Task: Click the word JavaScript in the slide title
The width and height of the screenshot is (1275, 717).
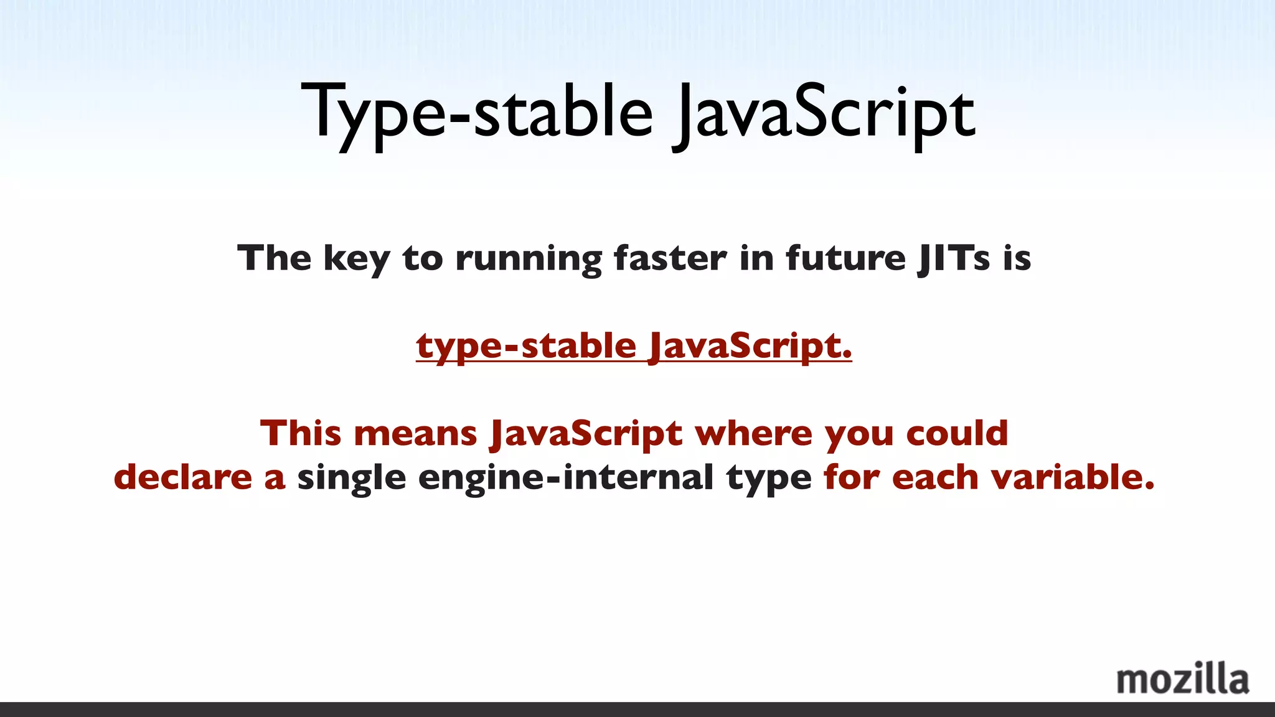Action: (x=825, y=115)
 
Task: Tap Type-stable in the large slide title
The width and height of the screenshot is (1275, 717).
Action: (x=477, y=115)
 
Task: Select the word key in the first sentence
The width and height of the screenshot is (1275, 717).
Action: (x=356, y=258)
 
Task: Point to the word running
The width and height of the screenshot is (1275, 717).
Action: (x=529, y=258)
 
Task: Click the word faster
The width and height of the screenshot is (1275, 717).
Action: (x=670, y=258)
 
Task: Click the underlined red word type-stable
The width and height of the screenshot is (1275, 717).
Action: (x=526, y=347)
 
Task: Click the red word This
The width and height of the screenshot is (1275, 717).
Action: (x=300, y=433)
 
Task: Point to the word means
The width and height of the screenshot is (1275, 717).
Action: (x=415, y=433)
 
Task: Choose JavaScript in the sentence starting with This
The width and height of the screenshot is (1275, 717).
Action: (x=586, y=433)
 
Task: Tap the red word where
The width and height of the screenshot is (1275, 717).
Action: (x=753, y=433)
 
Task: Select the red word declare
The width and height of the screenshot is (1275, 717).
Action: (x=183, y=477)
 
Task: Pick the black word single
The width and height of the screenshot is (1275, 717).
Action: (x=351, y=478)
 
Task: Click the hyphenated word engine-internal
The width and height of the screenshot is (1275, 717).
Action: (x=566, y=478)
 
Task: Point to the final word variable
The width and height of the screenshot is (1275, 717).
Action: (x=1072, y=477)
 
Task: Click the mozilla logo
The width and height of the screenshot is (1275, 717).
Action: (x=1182, y=680)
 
